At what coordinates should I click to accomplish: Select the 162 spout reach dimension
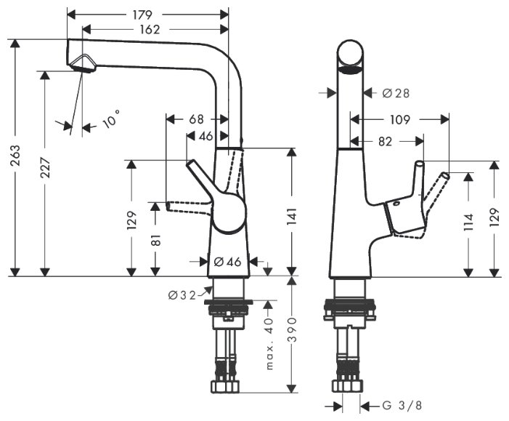148,29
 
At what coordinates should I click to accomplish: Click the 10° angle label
110,119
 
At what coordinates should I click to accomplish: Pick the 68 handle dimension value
196,119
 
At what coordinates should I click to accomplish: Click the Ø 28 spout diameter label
396,93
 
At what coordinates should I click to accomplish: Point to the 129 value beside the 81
131,219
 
